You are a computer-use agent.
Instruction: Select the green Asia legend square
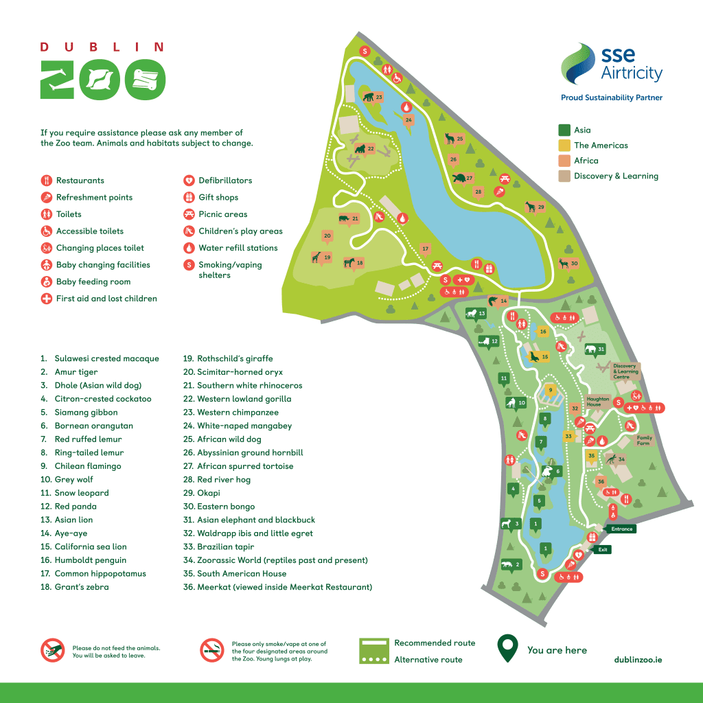(x=564, y=130)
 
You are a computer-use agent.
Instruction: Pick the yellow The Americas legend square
(x=564, y=145)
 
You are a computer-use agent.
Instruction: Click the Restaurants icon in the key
(x=46, y=181)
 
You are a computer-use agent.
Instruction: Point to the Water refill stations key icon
(x=189, y=248)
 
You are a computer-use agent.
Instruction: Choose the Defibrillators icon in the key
(x=189, y=181)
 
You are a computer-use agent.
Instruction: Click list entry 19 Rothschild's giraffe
(x=227, y=358)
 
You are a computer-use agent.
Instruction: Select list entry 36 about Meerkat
(x=277, y=587)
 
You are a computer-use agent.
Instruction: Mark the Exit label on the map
(x=603, y=549)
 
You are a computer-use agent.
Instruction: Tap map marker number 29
(x=541, y=207)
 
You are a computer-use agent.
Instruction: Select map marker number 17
(x=425, y=249)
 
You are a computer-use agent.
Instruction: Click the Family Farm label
(x=644, y=440)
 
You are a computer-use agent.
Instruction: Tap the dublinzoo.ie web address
(x=638, y=659)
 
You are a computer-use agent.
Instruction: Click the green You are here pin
(x=507, y=647)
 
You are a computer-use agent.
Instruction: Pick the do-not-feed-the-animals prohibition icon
(x=51, y=650)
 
